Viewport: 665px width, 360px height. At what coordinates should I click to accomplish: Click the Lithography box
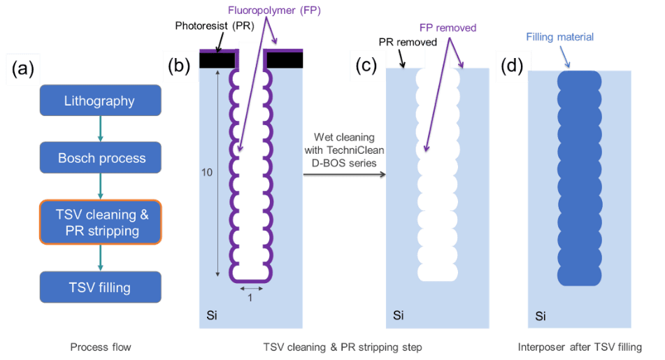click(x=100, y=101)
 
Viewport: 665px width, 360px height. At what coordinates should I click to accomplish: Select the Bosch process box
click(x=100, y=158)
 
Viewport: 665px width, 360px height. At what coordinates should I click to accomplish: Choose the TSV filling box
click(x=100, y=287)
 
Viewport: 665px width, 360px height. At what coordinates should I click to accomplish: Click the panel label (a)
click(x=23, y=69)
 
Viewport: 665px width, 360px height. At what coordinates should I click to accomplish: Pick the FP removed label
click(x=448, y=28)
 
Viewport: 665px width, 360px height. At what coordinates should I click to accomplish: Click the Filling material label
click(x=560, y=36)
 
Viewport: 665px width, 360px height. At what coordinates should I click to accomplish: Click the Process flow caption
click(x=100, y=347)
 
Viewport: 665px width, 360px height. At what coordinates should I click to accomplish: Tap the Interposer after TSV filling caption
click(x=580, y=347)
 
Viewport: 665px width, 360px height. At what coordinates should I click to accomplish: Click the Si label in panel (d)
click(x=540, y=317)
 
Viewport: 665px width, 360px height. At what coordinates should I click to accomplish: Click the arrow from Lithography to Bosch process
click(x=100, y=129)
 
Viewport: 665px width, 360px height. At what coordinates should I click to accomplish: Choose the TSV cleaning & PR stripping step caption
click(x=342, y=347)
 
